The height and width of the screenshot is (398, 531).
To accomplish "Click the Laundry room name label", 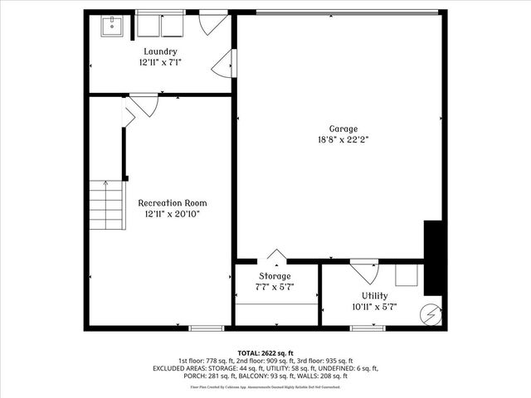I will [x=159, y=51].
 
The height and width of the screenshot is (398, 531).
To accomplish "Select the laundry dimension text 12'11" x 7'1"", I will [x=159, y=61].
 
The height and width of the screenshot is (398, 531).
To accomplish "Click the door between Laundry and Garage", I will [x=226, y=63].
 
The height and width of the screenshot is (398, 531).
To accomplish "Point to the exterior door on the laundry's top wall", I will [x=214, y=22].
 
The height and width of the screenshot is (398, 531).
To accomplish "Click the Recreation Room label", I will [x=172, y=202].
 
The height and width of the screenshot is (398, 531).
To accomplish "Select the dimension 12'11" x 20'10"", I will [x=172, y=213].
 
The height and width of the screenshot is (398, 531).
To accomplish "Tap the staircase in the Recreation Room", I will [x=105, y=206].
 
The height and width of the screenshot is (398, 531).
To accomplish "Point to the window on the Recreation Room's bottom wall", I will [x=207, y=328].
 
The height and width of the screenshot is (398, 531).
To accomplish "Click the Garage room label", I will [x=343, y=129].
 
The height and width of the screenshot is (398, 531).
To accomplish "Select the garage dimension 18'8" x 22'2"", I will [x=343, y=139].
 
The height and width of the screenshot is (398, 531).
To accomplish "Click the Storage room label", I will [x=275, y=275].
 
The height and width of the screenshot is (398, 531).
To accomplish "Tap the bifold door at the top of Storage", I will [x=276, y=256].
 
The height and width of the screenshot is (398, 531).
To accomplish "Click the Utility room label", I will [x=374, y=295].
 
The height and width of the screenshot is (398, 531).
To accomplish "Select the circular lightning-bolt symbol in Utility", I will [x=430, y=314].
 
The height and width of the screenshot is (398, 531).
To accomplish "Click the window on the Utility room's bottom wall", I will [x=367, y=328].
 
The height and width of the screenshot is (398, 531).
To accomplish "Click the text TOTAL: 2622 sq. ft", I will [x=265, y=352].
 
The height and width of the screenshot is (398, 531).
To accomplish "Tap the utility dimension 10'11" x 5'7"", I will [x=374, y=306].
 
